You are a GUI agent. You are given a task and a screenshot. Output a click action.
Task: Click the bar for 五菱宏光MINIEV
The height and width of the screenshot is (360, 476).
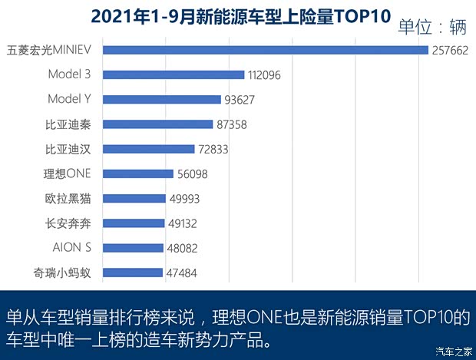click(x=265, y=51)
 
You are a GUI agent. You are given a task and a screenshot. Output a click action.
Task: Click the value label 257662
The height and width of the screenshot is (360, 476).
click(x=451, y=51)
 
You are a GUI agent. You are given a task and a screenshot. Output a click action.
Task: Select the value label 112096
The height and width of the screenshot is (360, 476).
click(x=267, y=75)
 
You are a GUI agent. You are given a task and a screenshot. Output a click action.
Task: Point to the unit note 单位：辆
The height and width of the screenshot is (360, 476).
click(x=432, y=28)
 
